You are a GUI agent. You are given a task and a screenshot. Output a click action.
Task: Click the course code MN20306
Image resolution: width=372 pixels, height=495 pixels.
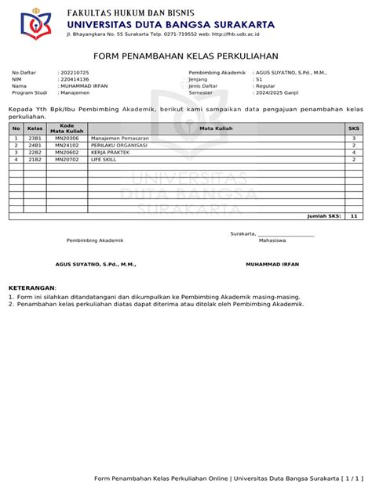point(67,138)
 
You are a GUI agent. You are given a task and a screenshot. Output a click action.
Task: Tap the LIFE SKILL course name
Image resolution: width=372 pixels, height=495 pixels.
point(105,159)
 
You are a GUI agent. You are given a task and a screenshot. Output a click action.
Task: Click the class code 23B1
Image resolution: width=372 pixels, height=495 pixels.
point(35,138)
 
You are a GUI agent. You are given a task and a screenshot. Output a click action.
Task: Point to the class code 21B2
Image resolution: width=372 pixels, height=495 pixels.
point(35,159)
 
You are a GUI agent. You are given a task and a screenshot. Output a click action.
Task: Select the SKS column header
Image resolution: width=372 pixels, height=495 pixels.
point(353,128)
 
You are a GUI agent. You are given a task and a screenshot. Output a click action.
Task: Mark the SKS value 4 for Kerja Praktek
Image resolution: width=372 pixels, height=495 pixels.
point(353,152)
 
